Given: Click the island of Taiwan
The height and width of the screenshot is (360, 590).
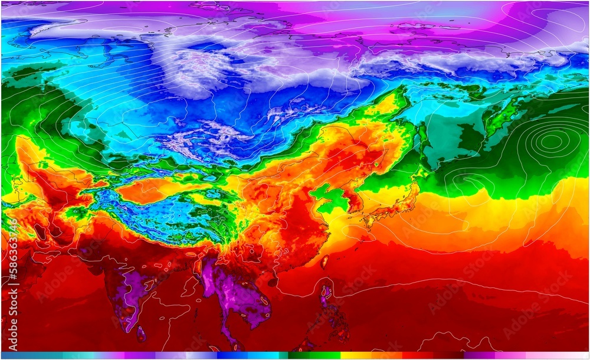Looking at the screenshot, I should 323,260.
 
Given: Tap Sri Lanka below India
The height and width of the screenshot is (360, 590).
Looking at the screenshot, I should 141,334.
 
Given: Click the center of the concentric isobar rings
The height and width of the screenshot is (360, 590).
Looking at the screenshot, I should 551,140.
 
